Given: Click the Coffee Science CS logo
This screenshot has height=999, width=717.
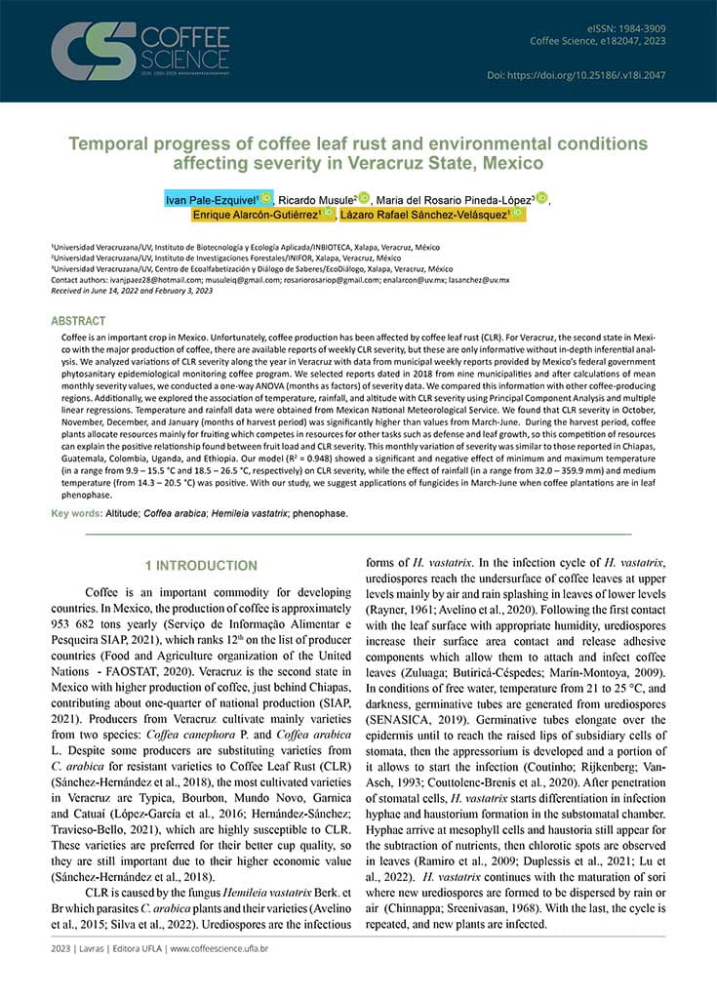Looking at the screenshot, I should point(93,51).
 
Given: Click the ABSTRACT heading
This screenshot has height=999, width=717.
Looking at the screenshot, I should point(78,320).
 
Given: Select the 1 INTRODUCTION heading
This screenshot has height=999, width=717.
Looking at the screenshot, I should point(201,566).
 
